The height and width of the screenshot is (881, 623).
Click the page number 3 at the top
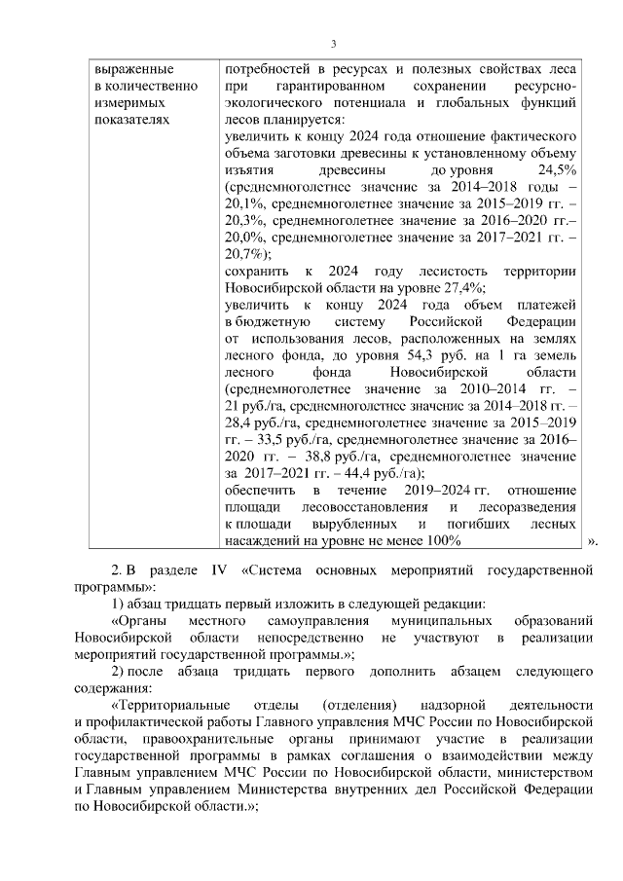[x=334, y=44]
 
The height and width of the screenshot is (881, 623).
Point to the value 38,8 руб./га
[x=338, y=456]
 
